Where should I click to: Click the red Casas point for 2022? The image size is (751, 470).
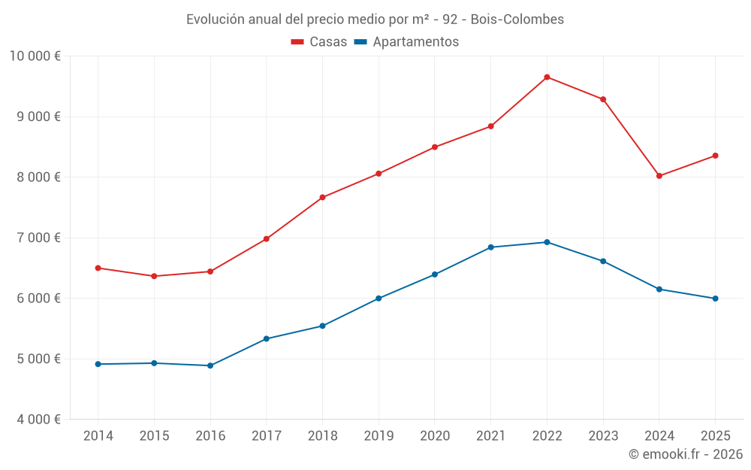[547, 77]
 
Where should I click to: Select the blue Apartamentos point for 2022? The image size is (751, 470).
[547, 242]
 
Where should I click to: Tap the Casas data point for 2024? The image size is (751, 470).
[659, 176]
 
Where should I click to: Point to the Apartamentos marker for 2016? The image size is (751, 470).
[210, 365]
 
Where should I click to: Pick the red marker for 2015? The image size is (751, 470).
[154, 276]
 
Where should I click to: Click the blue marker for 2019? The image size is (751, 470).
[379, 299]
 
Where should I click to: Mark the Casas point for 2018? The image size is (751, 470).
[322, 198]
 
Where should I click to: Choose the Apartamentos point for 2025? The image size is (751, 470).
[715, 299]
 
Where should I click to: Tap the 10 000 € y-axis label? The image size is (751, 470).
[35, 56]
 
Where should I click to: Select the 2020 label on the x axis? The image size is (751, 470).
[435, 435]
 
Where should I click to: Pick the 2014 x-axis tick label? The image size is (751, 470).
[98, 435]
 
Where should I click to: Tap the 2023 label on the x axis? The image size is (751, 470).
[603, 435]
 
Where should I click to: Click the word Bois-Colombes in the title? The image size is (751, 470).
[517, 19]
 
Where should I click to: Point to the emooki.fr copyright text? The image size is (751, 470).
[685, 453]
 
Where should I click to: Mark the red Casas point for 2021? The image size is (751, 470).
[490, 126]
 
